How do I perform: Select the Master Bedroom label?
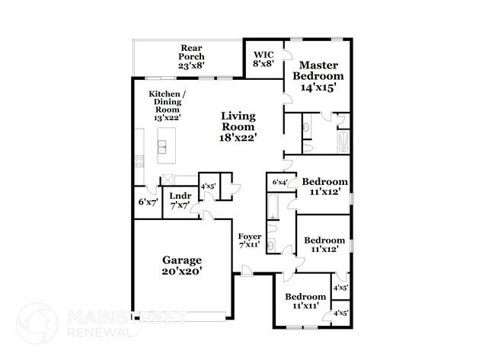[319, 76]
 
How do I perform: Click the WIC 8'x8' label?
[263, 59]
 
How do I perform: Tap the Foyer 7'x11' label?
[250, 241]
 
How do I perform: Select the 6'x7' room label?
[147, 202]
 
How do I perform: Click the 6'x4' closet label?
[279, 182]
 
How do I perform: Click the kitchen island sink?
[162, 146]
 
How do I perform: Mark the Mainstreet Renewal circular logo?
[37, 323]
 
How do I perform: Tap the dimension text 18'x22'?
[238, 138]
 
